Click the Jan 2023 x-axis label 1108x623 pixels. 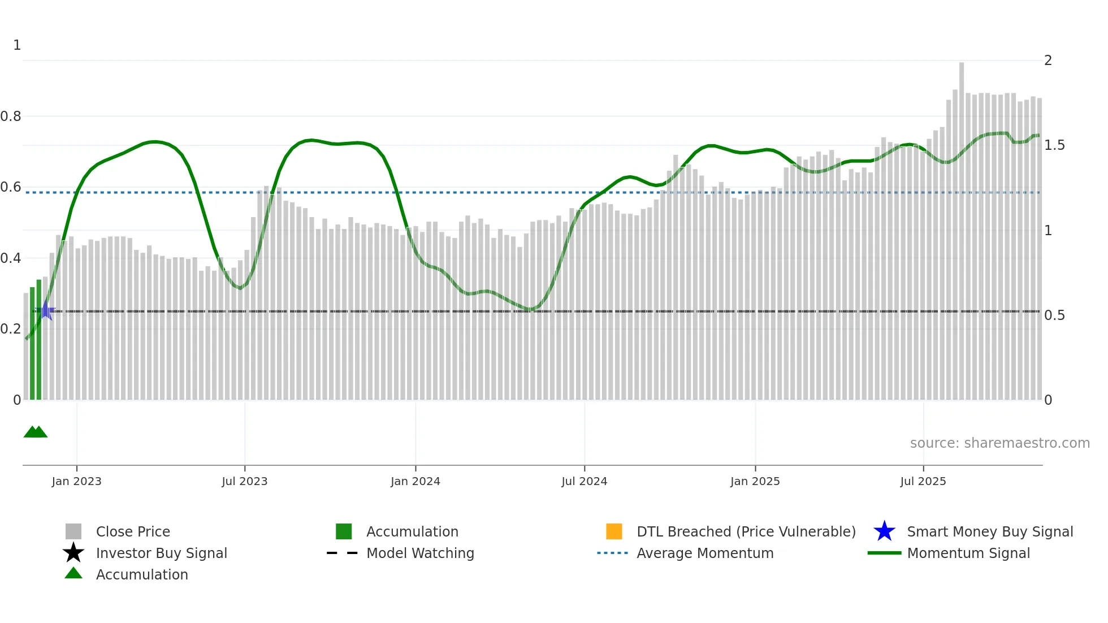[76, 481]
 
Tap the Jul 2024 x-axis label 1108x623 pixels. [584, 481]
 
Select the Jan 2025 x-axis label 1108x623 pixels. [755, 481]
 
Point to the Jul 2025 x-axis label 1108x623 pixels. [923, 481]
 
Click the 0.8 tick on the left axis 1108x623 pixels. [11, 116]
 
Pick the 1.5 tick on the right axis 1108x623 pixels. [1054, 145]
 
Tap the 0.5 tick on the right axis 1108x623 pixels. [1054, 315]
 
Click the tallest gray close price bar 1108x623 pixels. [961, 226]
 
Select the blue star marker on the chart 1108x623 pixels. [45, 311]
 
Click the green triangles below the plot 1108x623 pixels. [36, 432]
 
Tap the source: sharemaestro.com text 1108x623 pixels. [999, 443]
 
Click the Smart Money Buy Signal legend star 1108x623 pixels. [884, 531]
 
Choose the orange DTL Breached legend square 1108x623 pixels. [614, 531]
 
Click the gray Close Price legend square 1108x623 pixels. [73, 531]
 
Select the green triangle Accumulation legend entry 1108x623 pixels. [141, 574]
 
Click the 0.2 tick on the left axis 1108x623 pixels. [11, 329]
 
